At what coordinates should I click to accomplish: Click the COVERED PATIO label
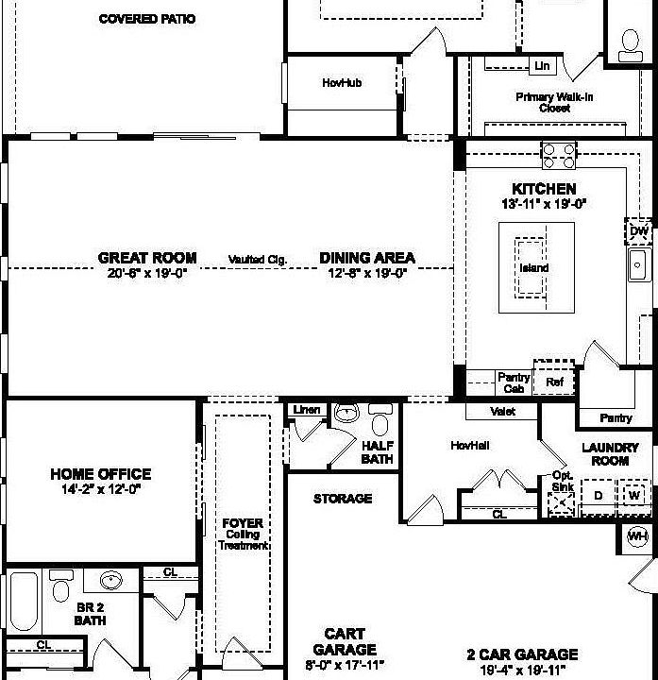click(146, 18)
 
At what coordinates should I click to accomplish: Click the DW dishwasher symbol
click(639, 231)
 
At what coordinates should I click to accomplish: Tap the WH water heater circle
click(638, 536)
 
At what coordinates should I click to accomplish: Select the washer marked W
click(633, 494)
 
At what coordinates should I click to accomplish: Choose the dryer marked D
click(598, 494)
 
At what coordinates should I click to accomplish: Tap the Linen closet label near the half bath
click(307, 410)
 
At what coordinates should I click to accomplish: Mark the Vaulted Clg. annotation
click(257, 260)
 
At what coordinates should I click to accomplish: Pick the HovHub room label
click(342, 83)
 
